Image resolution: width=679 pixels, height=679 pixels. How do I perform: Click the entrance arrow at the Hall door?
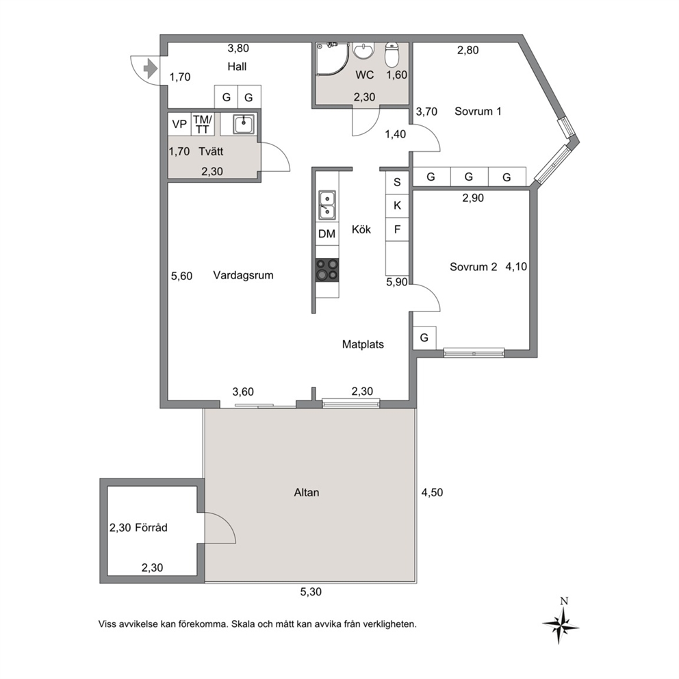(150, 68)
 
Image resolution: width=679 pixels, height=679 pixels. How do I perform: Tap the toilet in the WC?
(392, 55)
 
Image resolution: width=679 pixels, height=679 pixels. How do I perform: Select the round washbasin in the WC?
(363, 50)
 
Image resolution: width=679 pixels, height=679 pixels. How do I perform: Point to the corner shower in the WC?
(332, 60)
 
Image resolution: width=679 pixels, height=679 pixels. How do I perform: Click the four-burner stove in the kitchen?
(327, 270)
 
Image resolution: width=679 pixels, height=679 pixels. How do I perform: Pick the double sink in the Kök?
(327, 205)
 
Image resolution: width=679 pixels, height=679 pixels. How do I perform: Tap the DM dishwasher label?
(327, 234)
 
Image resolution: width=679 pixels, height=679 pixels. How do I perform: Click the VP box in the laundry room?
(179, 125)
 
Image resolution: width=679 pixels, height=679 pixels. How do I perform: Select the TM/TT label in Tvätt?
(202, 125)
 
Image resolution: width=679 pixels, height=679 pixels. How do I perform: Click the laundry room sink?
(244, 125)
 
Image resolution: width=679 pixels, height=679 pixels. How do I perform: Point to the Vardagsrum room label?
(244, 275)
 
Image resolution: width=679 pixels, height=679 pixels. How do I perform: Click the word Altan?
(307, 492)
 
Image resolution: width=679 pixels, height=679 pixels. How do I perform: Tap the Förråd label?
(151, 528)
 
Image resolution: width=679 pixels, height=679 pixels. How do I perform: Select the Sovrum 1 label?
(478, 112)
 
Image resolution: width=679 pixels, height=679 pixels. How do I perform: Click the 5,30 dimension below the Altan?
(311, 591)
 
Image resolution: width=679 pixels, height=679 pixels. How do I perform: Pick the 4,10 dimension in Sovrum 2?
(516, 266)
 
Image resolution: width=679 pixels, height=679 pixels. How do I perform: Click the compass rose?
(561, 624)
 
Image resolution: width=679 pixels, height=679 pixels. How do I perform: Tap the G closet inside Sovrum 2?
(424, 337)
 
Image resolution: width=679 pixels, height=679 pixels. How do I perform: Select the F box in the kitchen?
(397, 229)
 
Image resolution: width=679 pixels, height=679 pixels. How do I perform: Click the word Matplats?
(363, 344)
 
